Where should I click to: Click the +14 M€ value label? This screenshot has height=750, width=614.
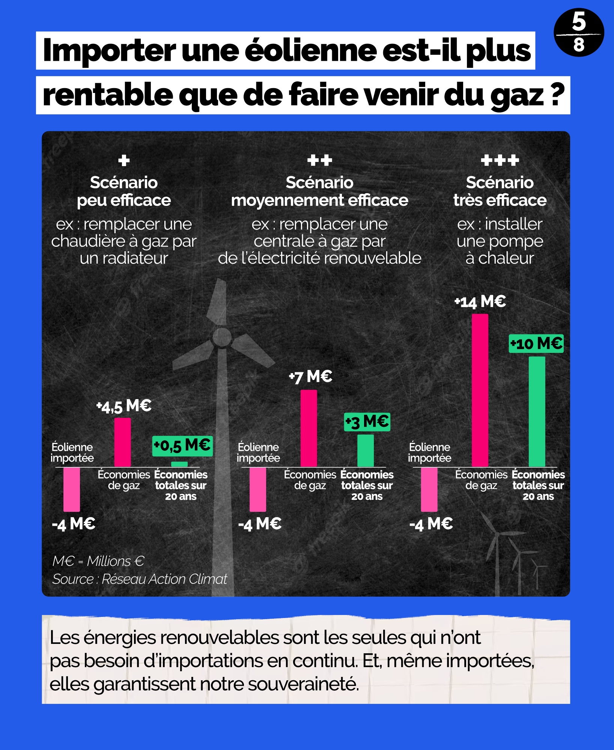(x=480, y=302)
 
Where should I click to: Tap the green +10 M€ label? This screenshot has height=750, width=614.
(x=536, y=343)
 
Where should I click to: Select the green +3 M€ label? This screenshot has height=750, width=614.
(x=367, y=422)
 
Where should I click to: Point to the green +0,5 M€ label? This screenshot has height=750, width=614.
(x=182, y=446)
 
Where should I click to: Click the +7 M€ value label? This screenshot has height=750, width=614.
(x=311, y=376)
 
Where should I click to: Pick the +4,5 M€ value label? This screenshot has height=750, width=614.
(x=124, y=406)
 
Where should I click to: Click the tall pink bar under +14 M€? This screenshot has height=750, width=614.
(x=480, y=390)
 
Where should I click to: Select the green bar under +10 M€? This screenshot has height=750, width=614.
(x=537, y=411)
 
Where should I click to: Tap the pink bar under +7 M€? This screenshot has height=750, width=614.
(x=309, y=428)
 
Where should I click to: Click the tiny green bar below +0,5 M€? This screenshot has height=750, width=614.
(x=179, y=464)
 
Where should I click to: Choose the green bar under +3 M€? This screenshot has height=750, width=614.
(x=365, y=450)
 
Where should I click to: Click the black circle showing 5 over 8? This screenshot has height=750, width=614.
(x=579, y=33)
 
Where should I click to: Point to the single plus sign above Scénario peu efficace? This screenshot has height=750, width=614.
(x=124, y=160)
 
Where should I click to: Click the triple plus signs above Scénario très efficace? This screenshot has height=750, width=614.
(x=500, y=160)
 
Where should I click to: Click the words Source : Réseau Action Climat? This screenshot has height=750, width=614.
(x=140, y=579)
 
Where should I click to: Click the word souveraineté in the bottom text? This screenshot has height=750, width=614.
(x=303, y=684)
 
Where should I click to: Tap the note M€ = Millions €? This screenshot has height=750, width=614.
(x=98, y=561)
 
